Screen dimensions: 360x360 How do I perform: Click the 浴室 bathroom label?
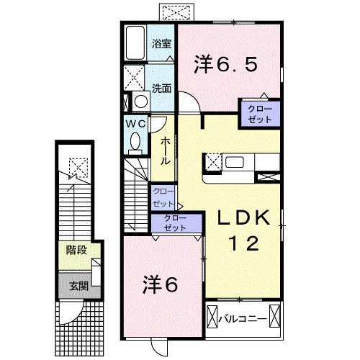coord(161,44)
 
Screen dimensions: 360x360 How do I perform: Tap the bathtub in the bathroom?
coord(135,42)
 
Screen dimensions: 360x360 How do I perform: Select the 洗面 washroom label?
coord(161,89)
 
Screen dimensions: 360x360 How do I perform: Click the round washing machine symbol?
coord(141,101)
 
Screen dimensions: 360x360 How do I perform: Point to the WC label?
coord(135,124)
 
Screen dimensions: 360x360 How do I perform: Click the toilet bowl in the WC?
coord(135,142)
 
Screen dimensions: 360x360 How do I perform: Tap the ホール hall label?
coord(165,151)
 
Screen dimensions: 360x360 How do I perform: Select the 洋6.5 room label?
coord(226,64)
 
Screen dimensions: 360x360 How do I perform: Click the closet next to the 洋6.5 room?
coord(260,114)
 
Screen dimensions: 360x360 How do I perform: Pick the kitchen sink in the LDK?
coord(235,162)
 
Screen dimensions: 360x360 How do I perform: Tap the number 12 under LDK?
coord(243,243)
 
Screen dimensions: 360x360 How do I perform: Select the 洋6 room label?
coord(161,284)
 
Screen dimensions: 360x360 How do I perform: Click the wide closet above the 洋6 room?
coord(176,223)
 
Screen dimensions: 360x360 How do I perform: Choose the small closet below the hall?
coord(163,198)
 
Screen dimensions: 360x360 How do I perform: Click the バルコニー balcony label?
coord(243,319)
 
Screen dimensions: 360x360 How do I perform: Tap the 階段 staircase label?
coord(76,251)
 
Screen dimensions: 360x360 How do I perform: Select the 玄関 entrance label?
coord(79,286)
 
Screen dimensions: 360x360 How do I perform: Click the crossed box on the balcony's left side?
coord(212,316)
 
